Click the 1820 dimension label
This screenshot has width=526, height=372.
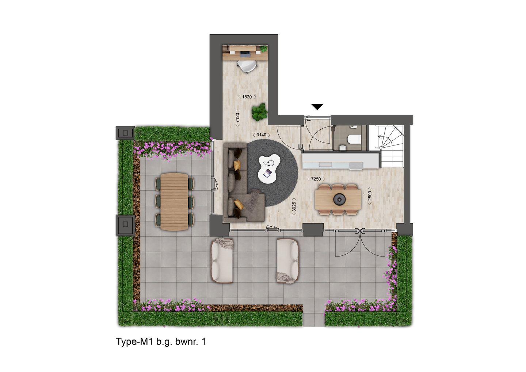[247, 97]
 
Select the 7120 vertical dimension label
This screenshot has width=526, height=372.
[237, 119]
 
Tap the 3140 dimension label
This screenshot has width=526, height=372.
[261, 135]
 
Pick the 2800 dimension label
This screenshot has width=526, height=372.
[370, 197]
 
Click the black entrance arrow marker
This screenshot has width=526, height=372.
[317, 107]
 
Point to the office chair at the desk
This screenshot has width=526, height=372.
[246, 66]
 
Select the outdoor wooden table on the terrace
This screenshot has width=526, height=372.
[174, 201]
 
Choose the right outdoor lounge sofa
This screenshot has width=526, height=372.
[288, 260]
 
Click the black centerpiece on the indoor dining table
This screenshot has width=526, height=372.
[339, 199]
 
